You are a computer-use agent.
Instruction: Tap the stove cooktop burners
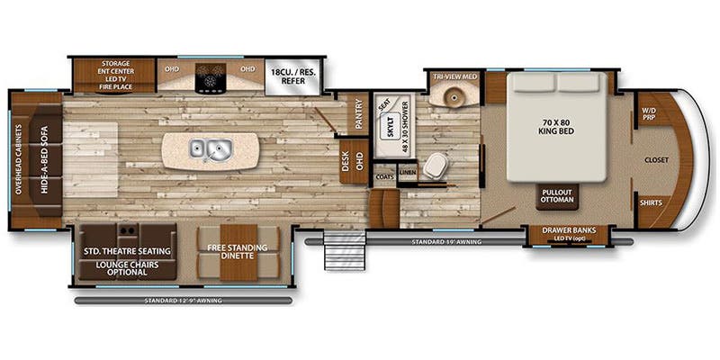[212, 80]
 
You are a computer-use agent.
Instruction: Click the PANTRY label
[357, 114]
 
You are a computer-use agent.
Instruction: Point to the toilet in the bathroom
[437, 165]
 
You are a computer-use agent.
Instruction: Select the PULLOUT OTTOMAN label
[558, 196]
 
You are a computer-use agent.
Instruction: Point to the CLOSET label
[656, 159]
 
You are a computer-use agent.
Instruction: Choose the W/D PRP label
[649, 116]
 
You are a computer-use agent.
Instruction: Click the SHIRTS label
[651, 202]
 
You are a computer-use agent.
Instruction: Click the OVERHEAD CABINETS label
[19, 157]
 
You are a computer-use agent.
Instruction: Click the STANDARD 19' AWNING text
[447, 242]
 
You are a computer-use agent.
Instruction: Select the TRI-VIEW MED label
[454, 76]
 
